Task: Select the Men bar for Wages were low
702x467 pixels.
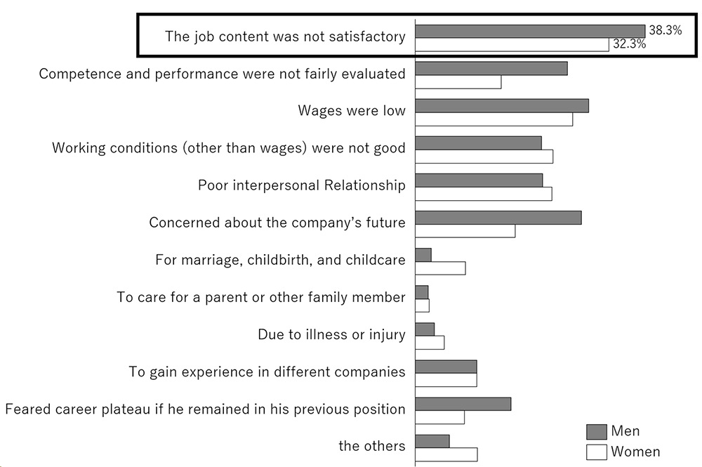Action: tap(502, 106)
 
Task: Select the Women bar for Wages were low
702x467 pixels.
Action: tap(494, 119)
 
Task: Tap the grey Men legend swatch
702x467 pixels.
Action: tap(596, 431)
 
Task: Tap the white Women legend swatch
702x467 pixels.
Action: tap(596, 452)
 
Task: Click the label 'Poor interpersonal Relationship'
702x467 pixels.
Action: tap(302, 185)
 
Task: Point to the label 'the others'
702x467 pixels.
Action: tap(371, 446)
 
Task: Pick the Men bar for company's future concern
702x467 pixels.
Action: tap(498, 218)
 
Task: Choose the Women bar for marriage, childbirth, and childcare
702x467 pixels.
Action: tap(440, 268)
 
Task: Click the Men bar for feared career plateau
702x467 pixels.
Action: tap(463, 404)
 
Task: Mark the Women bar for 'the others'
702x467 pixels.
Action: tap(446, 454)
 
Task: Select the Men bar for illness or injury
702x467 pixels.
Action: tap(425, 329)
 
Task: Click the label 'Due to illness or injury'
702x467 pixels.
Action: tap(331, 334)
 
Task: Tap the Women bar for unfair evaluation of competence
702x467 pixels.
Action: tap(458, 82)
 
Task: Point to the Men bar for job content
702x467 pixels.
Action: tap(530, 31)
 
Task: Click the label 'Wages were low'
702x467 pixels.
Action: tap(352, 111)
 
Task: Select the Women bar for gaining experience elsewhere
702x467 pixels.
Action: tap(446, 380)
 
